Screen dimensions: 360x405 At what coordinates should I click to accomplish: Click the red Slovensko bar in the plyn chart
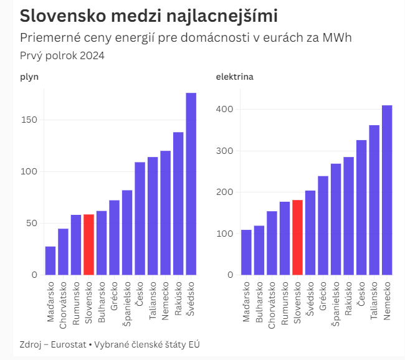coord(88,245)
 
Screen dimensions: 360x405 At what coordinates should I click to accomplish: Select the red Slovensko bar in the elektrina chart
coord(297,237)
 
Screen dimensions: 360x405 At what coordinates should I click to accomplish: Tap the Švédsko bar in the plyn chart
coord(191,184)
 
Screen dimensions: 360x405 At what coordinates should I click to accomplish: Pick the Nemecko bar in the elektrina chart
coord(387,190)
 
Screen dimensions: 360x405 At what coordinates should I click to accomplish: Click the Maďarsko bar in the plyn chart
coord(50,260)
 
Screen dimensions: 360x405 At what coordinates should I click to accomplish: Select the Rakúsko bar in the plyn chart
coord(178,203)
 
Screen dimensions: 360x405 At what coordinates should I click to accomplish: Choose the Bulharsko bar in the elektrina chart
coord(259,250)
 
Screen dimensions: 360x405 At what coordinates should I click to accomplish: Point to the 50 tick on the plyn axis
coord(32,223)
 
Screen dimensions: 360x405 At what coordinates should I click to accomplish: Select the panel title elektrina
coord(234,77)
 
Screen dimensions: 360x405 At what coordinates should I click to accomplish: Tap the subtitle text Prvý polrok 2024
coord(62,55)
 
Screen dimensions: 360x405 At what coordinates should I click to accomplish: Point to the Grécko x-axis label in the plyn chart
coord(115,296)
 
